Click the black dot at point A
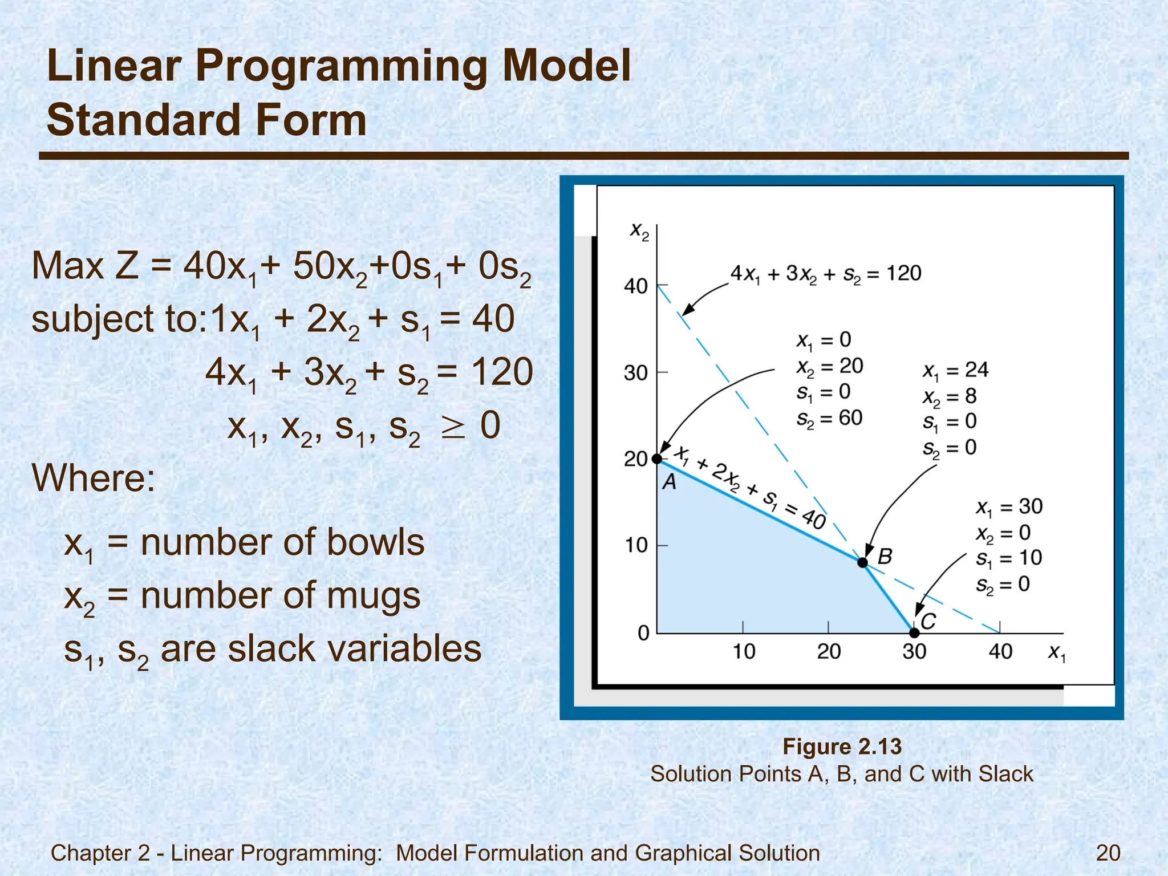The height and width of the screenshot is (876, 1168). point(657,459)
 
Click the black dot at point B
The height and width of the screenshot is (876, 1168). point(863,563)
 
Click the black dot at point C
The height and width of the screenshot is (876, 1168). point(914,633)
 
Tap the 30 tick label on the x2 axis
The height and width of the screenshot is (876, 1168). point(636,373)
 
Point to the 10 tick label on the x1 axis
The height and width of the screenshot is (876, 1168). point(744,651)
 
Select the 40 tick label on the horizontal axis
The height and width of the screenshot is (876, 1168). point(1000,651)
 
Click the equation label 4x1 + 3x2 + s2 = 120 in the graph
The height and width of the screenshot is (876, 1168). point(826,274)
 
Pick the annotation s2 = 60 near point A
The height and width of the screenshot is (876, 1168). point(829,418)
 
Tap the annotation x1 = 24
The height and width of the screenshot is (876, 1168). point(956,370)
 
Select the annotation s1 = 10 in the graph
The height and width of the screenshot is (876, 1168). point(1009,558)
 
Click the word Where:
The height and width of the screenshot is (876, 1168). point(94,477)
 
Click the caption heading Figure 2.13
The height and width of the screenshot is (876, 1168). point(842,747)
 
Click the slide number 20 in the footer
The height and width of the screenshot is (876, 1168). point(1108,853)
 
